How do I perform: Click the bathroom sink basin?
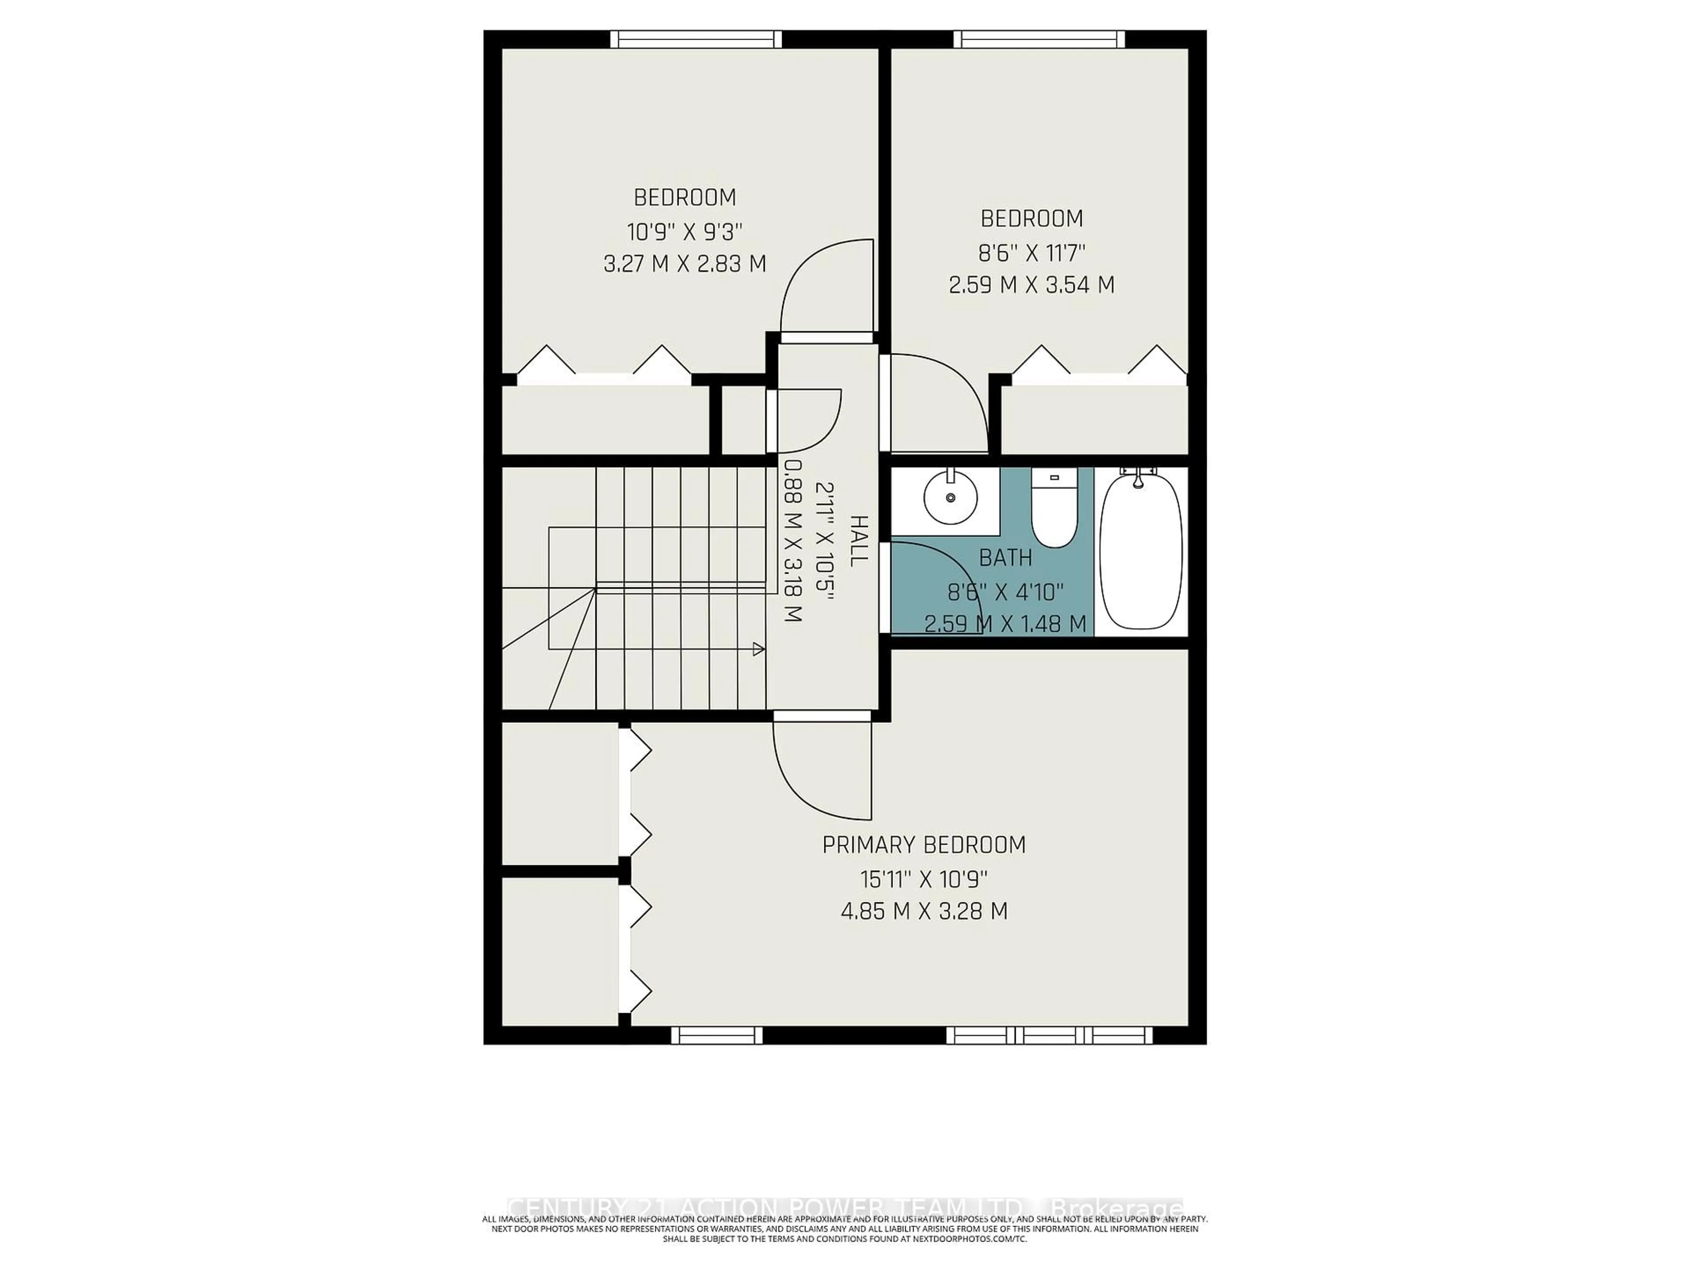[951, 497]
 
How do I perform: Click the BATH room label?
[1006, 558]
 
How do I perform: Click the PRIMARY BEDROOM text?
[924, 845]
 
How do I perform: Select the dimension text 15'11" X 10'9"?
[924, 879]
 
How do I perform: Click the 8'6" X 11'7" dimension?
[1032, 252]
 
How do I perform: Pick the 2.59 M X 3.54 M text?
[1032, 285]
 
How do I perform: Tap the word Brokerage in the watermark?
[1116, 1208]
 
